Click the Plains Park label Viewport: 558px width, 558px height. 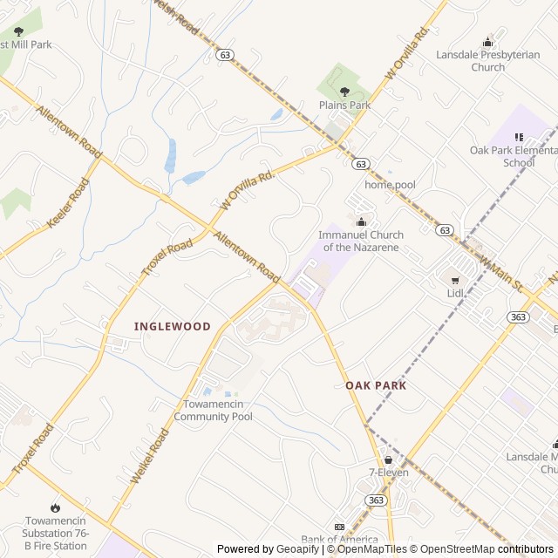point(344,105)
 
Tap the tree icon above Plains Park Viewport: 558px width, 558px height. point(344,91)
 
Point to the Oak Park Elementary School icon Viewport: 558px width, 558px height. point(520,137)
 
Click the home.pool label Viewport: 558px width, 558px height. point(390,185)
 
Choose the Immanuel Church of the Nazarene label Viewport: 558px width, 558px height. point(361,242)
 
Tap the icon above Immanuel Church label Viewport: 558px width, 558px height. point(361,221)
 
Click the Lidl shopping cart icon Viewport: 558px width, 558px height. point(454,280)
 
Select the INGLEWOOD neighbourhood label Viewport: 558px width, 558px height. point(173,326)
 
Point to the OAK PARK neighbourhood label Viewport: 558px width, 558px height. point(376,384)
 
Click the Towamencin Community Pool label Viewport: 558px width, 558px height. point(213,411)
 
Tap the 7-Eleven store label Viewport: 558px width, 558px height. point(388,473)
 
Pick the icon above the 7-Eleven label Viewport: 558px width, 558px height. point(388,459)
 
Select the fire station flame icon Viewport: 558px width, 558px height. point(56,507)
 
